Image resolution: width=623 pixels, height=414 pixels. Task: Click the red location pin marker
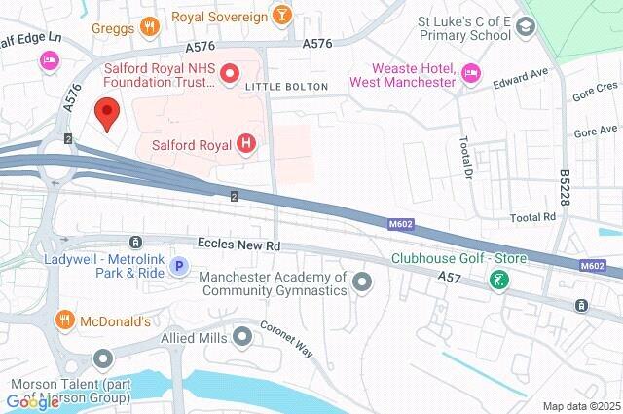click(107, 114)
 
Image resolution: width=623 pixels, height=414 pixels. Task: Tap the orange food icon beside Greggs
click(149, 26)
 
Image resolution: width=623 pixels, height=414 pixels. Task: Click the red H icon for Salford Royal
click(246, 144)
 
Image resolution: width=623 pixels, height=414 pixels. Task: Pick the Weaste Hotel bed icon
click(471, 73)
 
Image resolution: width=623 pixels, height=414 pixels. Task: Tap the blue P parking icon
click(179, 265)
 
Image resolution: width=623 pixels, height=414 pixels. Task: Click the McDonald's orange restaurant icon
click(65, 320)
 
